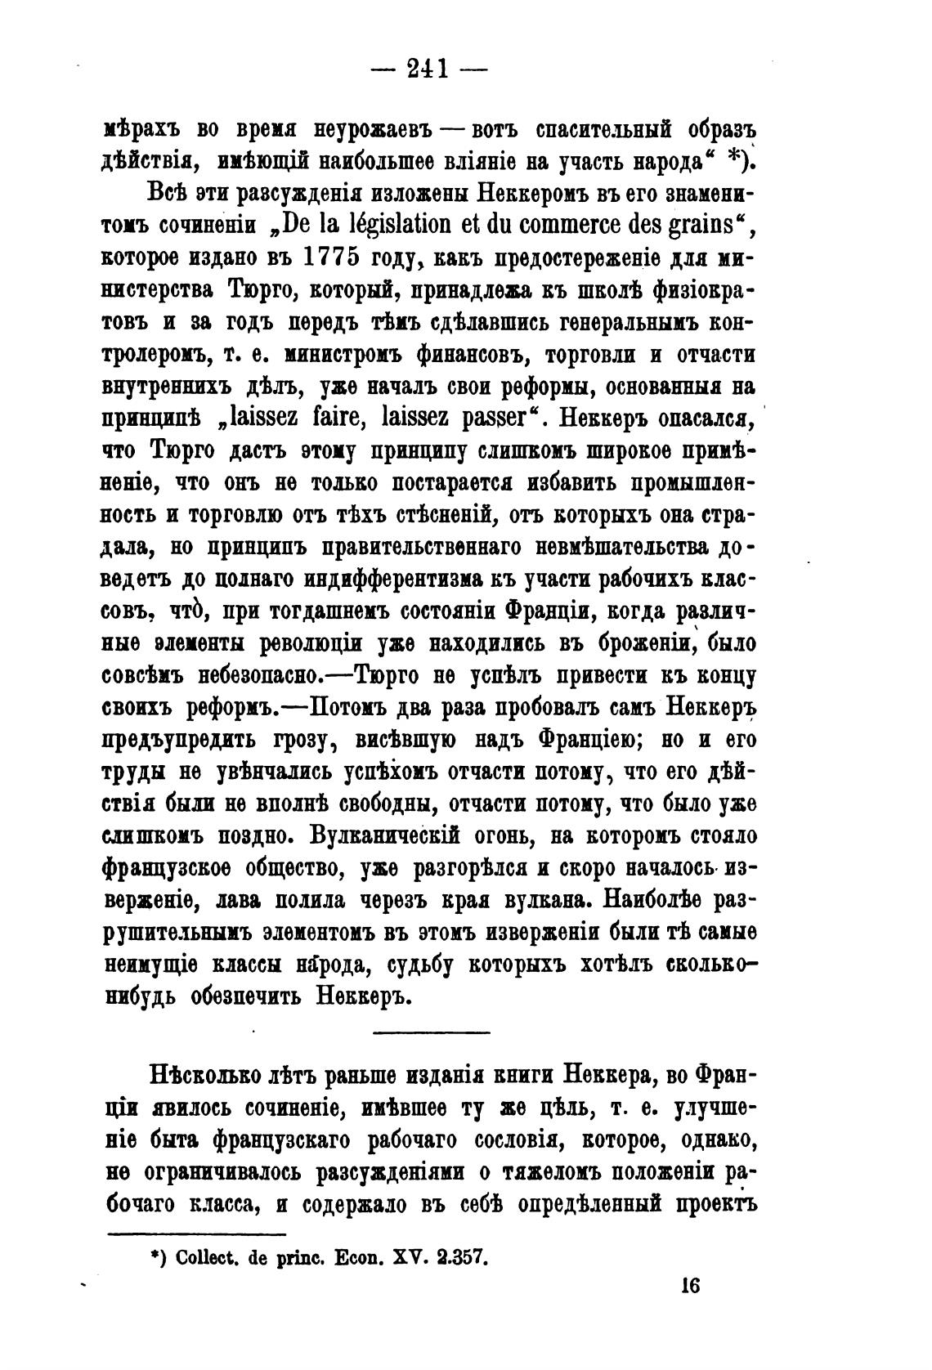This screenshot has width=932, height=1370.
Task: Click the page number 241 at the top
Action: click(429, 69)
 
